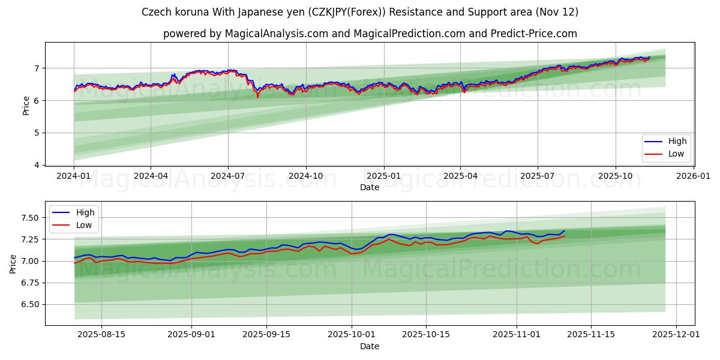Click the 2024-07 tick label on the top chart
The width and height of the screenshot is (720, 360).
[228, 176]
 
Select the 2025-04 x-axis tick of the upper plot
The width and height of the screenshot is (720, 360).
[460, 176]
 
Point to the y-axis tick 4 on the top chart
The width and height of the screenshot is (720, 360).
[37, 165]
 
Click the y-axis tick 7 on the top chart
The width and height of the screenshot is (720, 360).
[37, 68]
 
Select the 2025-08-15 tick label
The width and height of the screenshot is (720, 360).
[101, 335]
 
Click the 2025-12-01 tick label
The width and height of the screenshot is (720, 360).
[677, 335]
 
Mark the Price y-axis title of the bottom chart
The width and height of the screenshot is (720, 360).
[13, 263]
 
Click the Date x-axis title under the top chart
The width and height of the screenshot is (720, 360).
[370, 187]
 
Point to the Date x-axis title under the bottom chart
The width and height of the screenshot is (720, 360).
[370, 346]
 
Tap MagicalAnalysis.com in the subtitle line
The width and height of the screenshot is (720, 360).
[277, 34]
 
